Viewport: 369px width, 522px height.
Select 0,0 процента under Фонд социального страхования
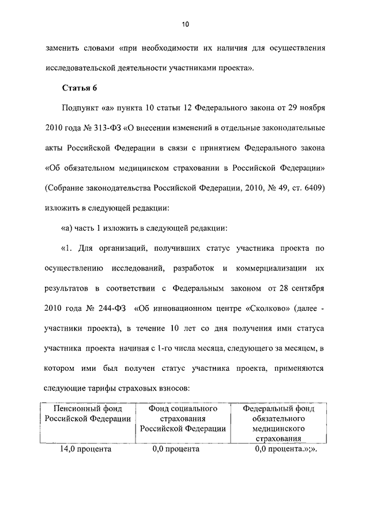click(x=176, y=449)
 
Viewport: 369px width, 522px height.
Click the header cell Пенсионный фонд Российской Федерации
click(x=85, y=414)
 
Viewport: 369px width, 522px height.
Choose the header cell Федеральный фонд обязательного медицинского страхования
click(x=278, y=423)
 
